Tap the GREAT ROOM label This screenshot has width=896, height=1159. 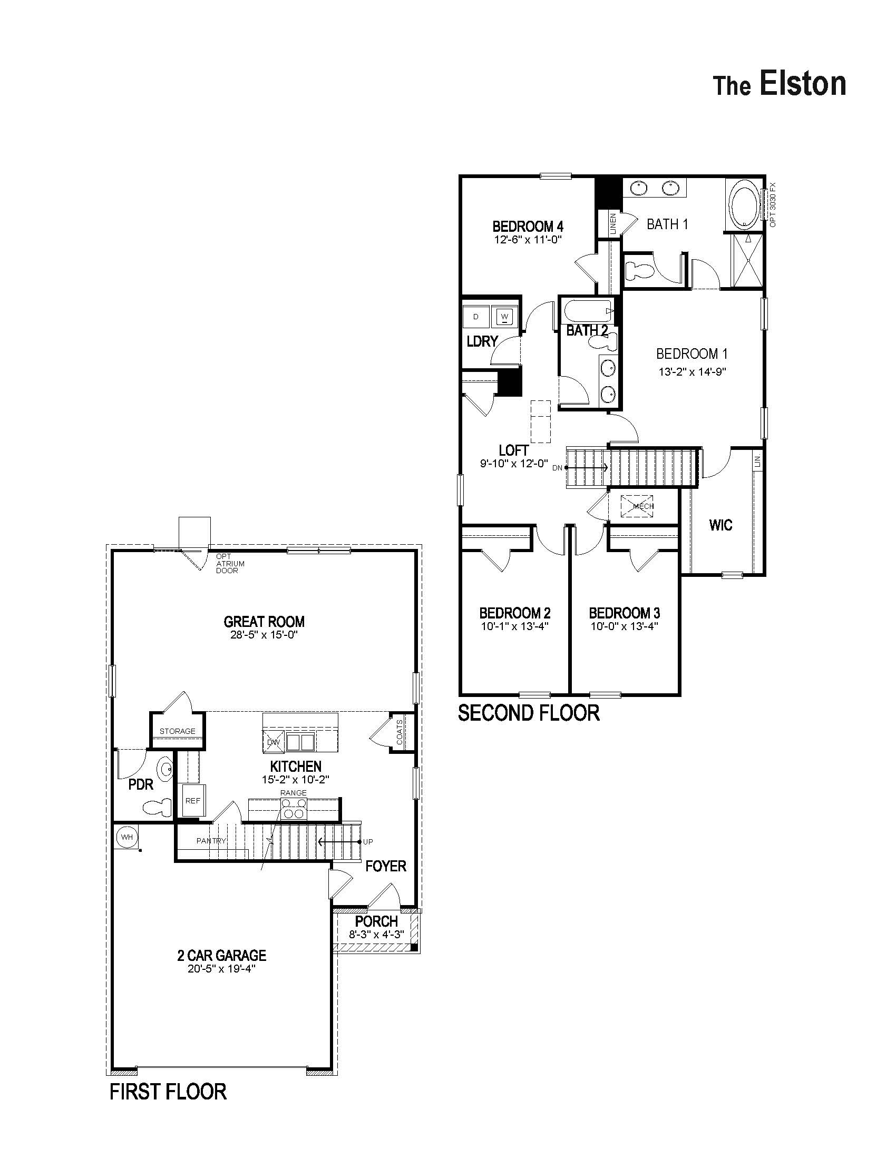pos(264,622)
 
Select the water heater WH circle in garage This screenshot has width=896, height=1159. pos(126,837)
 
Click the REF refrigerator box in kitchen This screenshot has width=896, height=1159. pos(192,801)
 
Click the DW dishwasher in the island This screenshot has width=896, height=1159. pos(273,742)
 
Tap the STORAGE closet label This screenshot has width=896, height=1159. pos(177,731)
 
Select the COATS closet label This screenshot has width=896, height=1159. pos(400,732)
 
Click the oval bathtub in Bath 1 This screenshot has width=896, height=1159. pos(744,204)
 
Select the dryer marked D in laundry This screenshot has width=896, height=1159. pos(475,317)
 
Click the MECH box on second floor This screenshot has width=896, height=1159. pos(642,506)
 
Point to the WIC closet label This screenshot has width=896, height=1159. pos(720,525)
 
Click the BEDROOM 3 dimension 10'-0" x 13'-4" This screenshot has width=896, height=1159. pos(624,626)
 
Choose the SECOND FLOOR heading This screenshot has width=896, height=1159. pos(529,713)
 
